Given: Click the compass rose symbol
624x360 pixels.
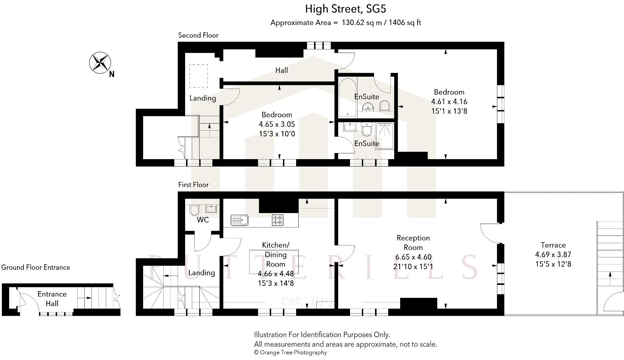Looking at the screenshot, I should [x=100, y=63].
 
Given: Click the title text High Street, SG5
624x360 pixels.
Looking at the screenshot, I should [x=345, y=9].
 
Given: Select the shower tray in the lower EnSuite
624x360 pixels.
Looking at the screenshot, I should [x=384, y=136].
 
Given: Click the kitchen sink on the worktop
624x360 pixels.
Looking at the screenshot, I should [x=239, y=220].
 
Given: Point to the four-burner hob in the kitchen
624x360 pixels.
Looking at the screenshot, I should [x=278, y=220].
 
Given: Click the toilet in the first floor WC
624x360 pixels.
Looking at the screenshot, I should [x=194, y=210].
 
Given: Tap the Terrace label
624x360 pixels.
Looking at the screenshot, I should [x=553, y=245].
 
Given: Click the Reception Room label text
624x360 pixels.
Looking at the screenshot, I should [x=413, y=243].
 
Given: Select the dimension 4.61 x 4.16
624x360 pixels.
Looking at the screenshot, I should [x=449, y=102].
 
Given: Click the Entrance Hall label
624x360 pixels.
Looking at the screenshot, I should [x=52, y=299].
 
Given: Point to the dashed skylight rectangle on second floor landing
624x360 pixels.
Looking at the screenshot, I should [x=199, y=76].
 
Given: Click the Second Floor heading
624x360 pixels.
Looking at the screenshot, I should [x=198, y=35].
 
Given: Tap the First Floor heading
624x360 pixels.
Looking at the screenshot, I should [x=193, y=185].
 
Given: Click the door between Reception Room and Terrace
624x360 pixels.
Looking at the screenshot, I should [x=491, y=233].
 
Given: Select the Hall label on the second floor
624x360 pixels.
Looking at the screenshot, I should [x=281, y=70].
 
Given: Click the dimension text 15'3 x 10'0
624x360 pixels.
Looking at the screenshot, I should [x=277, y=134].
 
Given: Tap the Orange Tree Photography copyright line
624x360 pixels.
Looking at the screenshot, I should [x=290, y=352].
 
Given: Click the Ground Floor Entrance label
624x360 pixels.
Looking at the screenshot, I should [x=36, y=267].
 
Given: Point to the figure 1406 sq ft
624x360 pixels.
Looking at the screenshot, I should [x=405, y=23].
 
